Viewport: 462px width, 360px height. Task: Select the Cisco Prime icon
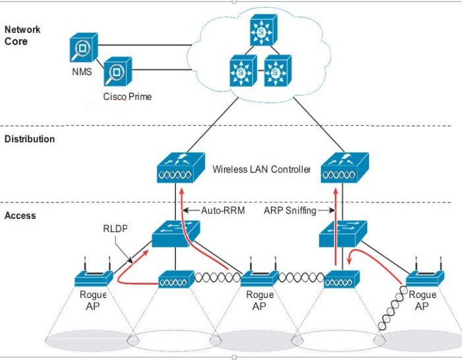pyautogui.click(x=117, y=72)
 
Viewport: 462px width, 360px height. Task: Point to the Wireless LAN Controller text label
pyautogui.click(x=261, y=169)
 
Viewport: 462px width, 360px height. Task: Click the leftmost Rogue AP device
pyautogui.click(x=92, y=276)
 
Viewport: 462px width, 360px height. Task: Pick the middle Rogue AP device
pyautogui.click(x=259, y=276)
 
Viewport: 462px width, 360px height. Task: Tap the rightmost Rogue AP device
pyautogui.click(x=422, y=276)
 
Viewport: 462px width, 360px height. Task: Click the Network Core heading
pyautogui.click(x=22, y=34)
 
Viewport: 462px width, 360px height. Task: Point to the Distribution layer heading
pyautogui.click(x=30, y=140)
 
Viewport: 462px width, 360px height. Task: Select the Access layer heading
pyautogui.click(x=20, y=216)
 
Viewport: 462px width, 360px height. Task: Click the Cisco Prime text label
pyautogui.click(x=127, y=97)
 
